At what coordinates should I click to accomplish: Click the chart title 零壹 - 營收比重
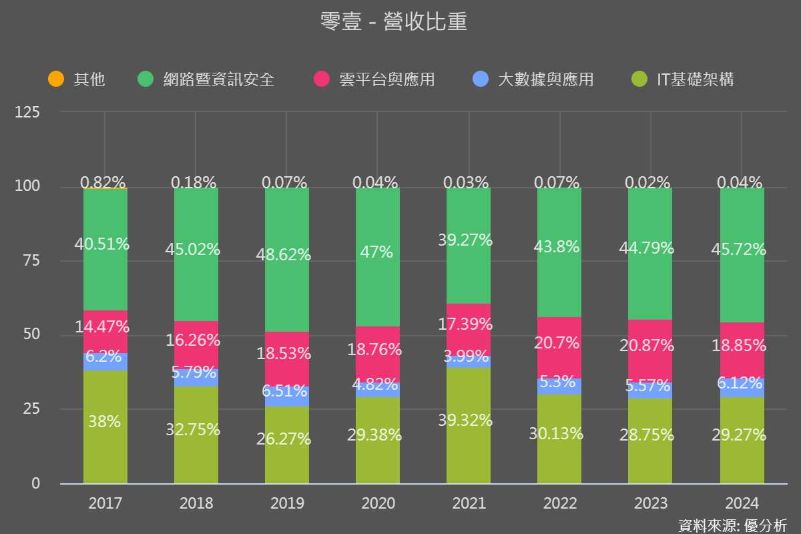click(394, 22)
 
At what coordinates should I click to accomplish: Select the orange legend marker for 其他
click(56, 79)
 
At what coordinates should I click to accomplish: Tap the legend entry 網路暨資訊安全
click(218, 79)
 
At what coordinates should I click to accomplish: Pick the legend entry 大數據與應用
click(545, 79)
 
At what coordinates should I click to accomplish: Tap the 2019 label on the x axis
click(287, 503)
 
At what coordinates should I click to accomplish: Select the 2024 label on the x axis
click(742, 503)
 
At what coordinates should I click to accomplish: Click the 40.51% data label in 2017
click(102, 244)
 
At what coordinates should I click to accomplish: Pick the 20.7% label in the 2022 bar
click(559, 344)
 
